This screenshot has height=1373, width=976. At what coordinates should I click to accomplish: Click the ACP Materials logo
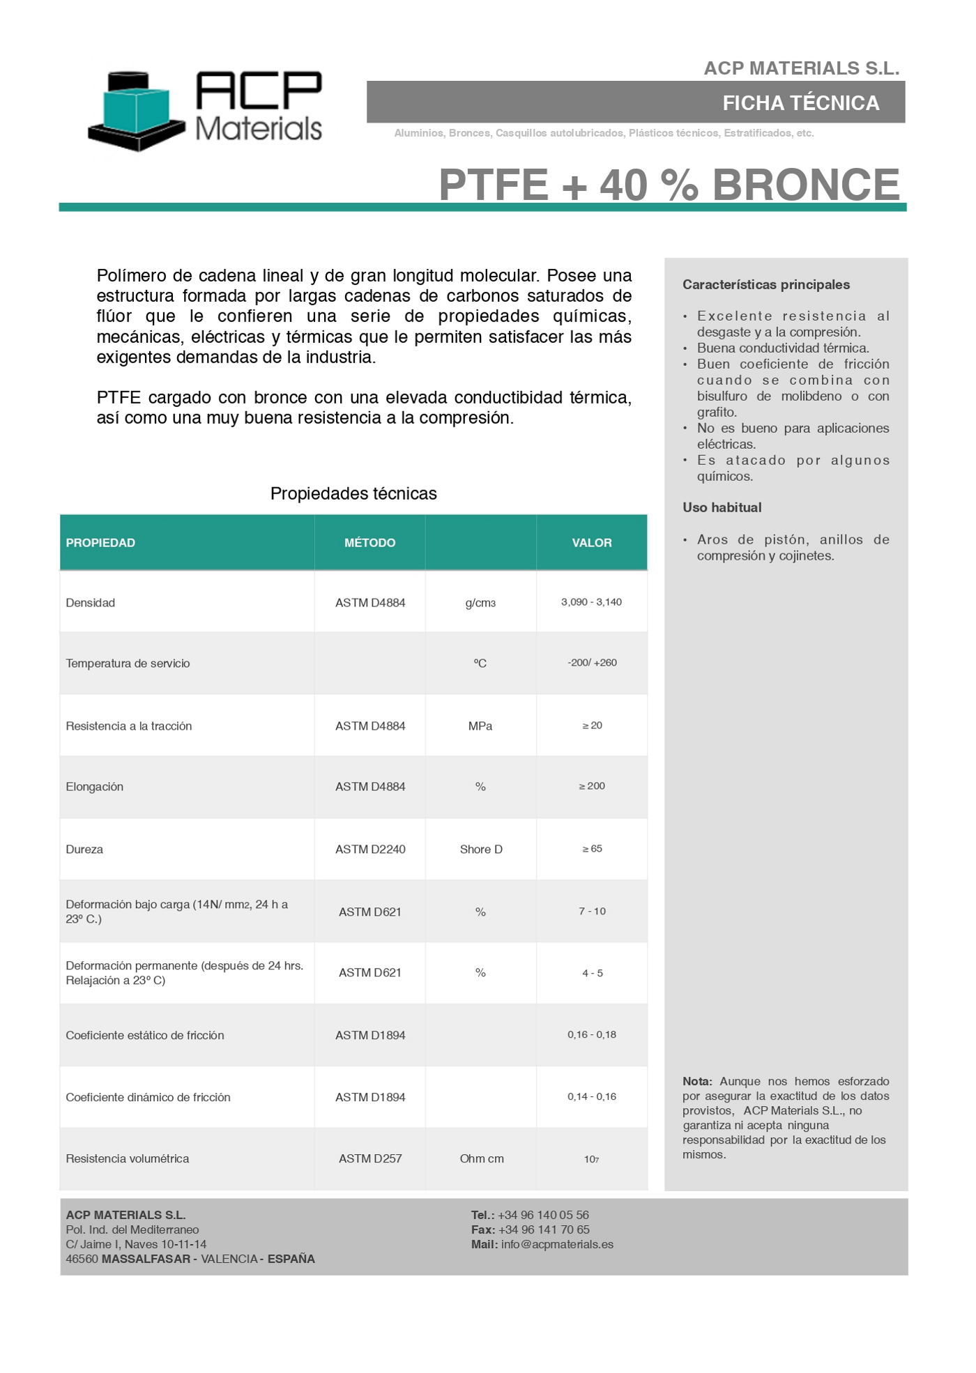pos(205,110)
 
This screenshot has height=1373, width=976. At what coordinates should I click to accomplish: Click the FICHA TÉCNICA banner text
pos(800,103)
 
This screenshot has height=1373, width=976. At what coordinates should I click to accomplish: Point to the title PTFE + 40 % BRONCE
pos(669,185)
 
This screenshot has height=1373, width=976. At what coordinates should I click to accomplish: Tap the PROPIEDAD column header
pos(100,543)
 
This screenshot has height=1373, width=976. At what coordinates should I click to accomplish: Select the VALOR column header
pos(592,543)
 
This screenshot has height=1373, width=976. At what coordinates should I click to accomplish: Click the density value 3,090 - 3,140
pos(591,602)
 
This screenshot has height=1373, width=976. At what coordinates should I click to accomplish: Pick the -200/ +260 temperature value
pos(592,663)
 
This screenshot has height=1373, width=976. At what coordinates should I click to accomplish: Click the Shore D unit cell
pos(481,850)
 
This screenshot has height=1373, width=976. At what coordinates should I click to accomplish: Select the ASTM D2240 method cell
pos(370,850)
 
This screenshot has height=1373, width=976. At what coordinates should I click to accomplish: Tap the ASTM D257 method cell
pos(370,1159)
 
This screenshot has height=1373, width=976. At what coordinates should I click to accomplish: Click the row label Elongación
pos(94,787)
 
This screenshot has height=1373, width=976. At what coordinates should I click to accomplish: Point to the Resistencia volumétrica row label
pos(127,1159)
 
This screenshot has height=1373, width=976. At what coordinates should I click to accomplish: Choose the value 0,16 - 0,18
pos(592,1035)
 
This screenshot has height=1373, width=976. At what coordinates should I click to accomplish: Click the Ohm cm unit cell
pos(482,1159)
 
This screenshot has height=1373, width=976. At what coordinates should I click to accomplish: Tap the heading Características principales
pos(766,284)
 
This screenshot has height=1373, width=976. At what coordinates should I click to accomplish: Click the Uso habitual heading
pos(722,507)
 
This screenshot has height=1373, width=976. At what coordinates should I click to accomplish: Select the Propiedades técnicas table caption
pos(353,493)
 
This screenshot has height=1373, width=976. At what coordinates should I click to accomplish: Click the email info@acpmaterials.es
pos(557,1244)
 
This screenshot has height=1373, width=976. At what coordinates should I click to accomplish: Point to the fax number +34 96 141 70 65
pos(544,1229)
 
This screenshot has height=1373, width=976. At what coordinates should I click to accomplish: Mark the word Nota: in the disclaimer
pos(696,1082)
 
